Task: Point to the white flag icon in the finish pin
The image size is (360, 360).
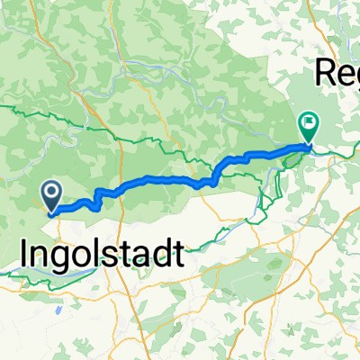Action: [309, 122]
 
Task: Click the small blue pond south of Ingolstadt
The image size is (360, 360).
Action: [57, 309]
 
